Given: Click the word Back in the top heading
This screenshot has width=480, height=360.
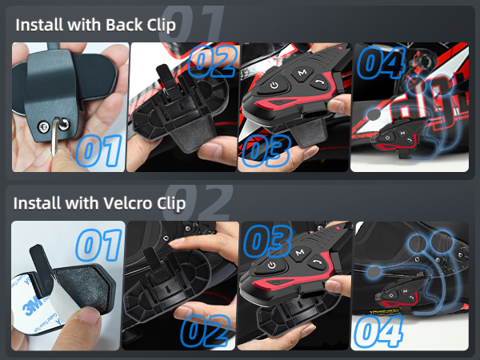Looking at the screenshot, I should [111, 24].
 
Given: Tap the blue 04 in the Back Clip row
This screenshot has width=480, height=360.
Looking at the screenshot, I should [382, 63].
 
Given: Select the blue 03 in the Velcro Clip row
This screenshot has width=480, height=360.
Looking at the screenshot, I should [268, 240].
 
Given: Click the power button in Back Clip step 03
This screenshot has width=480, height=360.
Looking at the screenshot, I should [274, 85].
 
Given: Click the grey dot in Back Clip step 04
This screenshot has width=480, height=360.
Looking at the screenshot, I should [373, 115].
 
